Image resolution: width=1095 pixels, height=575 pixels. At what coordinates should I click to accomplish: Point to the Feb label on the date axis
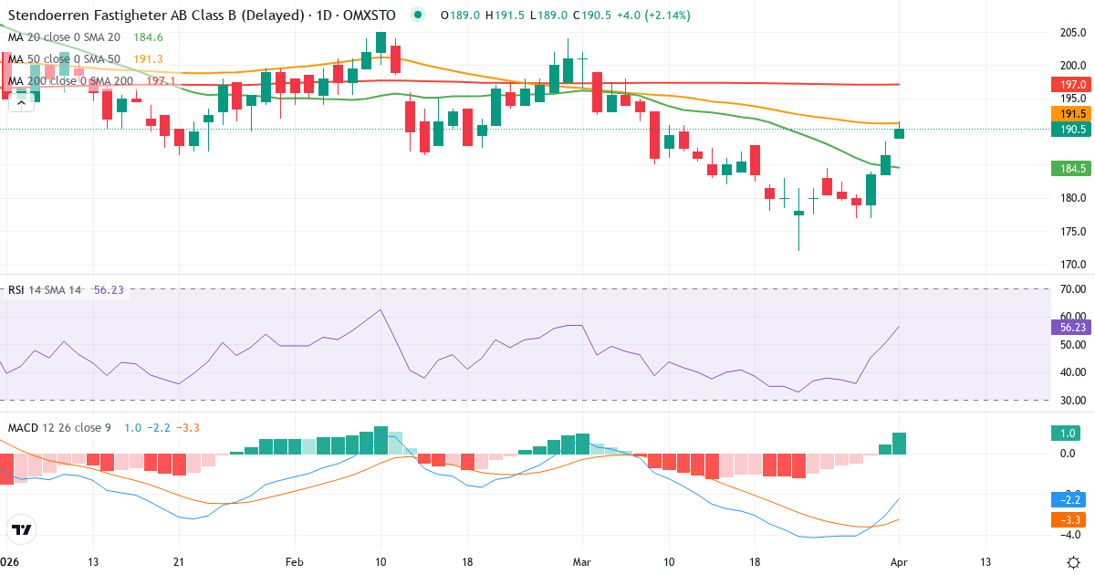coord(295,561)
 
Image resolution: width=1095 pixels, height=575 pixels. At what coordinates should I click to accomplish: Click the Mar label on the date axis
coord(581,561)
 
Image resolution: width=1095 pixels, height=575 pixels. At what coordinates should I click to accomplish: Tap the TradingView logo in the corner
coord(21,528)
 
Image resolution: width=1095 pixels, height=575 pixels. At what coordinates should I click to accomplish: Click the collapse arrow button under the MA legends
coord(21,103)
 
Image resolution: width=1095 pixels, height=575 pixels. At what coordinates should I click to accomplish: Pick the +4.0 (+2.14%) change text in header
coord(652,16)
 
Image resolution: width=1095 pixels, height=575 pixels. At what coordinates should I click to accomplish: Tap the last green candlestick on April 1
coord(900,133)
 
